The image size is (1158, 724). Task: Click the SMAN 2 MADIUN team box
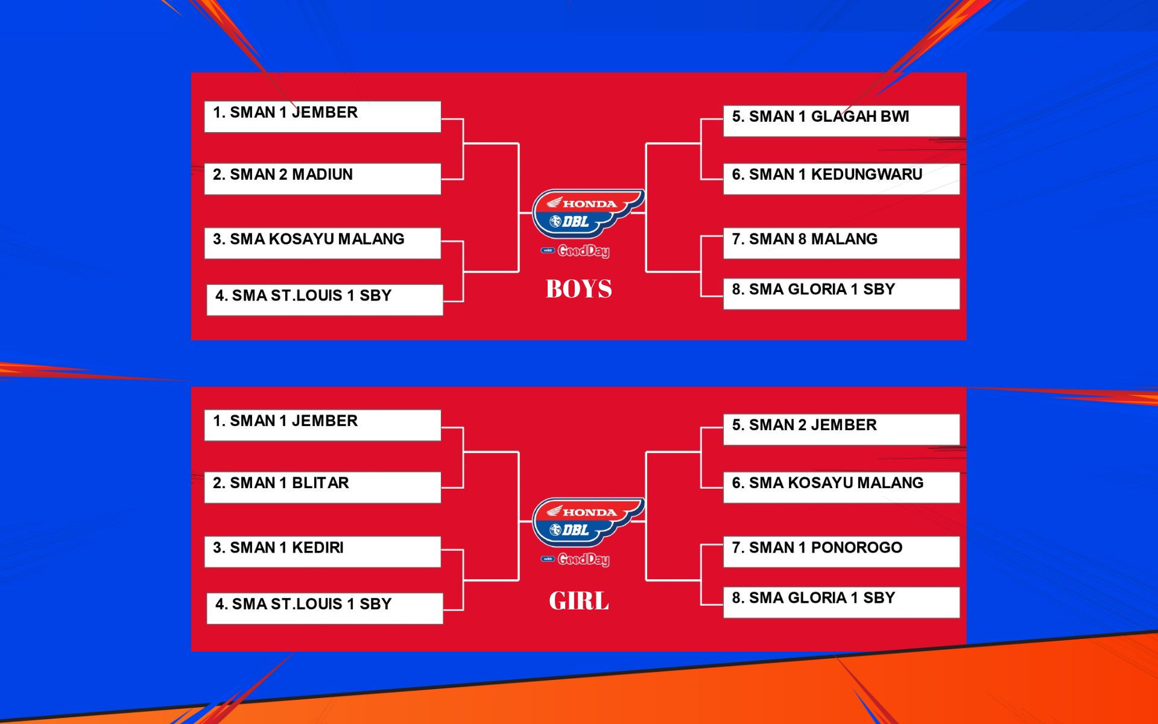(x=323, y=179)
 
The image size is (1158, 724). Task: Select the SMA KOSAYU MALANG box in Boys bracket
(x=323, y=243)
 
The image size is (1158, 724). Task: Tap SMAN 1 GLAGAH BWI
(x=841, y=121)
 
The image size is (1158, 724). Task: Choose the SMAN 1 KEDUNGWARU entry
(x=841, y=179)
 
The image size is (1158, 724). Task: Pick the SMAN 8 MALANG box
(x=841, y=243)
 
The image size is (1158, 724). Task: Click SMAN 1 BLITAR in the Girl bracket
(x=323, y=487)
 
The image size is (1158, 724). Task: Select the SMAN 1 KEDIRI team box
(x=323, y=551)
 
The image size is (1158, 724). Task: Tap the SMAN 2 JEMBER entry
(x=841, y=429)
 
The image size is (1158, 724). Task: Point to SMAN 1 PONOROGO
(x=841, y=551)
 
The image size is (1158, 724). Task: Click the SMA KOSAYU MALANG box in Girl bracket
(x=841, y=487)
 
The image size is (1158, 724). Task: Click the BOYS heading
(x=579, y=289)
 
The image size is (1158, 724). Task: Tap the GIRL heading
(x=579, y=601)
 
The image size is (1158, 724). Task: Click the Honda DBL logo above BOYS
(x=588, y=214)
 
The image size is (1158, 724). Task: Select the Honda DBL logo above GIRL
(x=588, y=522)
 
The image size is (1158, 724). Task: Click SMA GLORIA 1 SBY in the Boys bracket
(x=841, y=294)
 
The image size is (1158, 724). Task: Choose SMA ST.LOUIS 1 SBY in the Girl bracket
(x=325, y=608)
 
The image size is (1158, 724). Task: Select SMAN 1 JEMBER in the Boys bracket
(x=323, y=116)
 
